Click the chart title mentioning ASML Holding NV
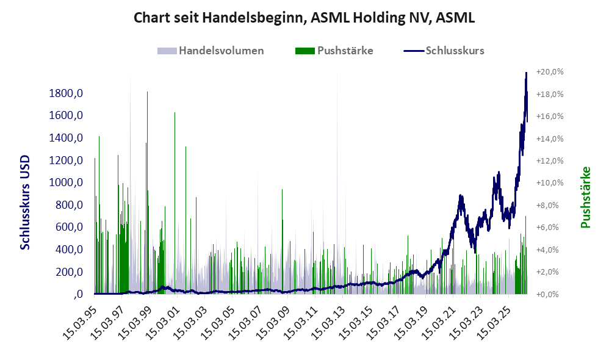tap(304, 18)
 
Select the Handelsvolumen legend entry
tap(211, 51)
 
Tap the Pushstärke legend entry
tap(334, 51)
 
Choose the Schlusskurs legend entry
tap(444, 51)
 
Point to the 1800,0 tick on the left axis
tap(66, 93)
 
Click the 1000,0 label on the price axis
tap(66, 182)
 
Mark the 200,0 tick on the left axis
tap(69, 272)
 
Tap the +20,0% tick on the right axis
tap(550, 72)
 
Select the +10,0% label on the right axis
tap(550, 183)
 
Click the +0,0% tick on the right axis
tap(550, 294)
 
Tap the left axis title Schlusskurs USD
tap(25, 203)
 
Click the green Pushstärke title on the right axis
tap(585, 197)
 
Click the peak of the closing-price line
tap(526, 73)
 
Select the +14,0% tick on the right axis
tap(550, 139)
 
